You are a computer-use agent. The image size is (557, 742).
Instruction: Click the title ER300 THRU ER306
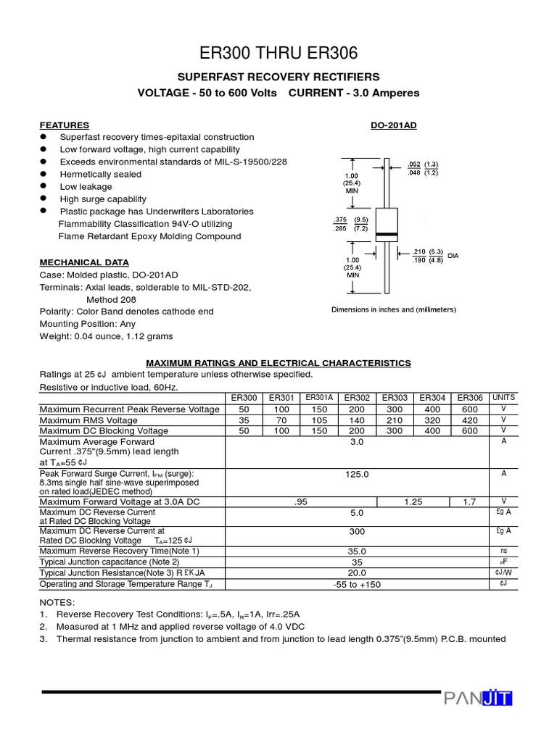pyautogui.click(x=278, y=54)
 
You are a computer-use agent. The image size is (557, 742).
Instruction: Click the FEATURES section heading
pyautogui.click(x=65, y=125)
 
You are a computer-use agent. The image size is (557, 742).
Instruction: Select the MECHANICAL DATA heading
pyautogui.click(x=84, y=262)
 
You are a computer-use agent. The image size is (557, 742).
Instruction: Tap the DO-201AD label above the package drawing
pyautogui.click(x=394, y=125)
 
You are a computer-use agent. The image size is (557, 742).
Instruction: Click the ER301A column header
pyautogui.click(x=319, y=398)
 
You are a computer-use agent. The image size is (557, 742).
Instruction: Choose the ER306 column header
pyautogui.click(x=470, y=398)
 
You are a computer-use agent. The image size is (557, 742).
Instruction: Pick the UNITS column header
pyautogui.click(x=503, y=398)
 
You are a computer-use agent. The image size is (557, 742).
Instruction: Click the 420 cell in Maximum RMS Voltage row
pyautogui.click(x=470, y=420)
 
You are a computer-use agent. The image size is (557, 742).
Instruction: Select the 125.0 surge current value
pyautogui.click(x=357, y=475)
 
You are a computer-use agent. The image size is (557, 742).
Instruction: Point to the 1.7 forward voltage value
pyautogui.click(x=470, y=501)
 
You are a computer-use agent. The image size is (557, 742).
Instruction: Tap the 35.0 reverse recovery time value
pyautogui.click(x=357, y=551)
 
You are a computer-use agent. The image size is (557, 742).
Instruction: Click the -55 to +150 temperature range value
pyautogui.click(x=357, y=585)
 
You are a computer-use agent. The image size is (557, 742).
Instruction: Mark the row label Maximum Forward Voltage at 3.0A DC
pyautogui.click(x=120, y=501)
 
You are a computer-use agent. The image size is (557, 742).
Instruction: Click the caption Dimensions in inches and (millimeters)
pyautogui.click(x=394, y=309)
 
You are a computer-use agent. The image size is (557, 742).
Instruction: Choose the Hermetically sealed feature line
pyautogui.click(x=101, y=174)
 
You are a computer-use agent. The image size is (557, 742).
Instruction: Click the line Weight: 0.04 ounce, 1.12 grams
pyautogui.click(x=106, y=336)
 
